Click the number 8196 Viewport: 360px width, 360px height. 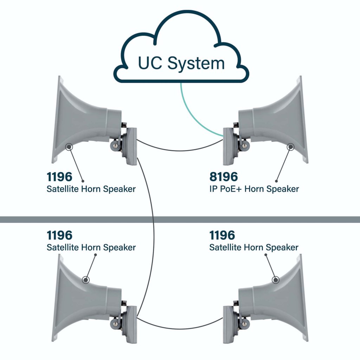[224, 176]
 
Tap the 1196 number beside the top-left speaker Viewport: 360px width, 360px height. [59, 176]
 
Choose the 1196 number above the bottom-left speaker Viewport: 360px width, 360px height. [59, 235]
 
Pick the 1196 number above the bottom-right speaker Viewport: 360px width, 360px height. [222, 235]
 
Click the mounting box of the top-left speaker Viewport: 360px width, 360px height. [131, 146]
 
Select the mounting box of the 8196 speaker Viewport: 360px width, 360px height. [228, 146]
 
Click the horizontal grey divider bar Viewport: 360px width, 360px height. [180, 219]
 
